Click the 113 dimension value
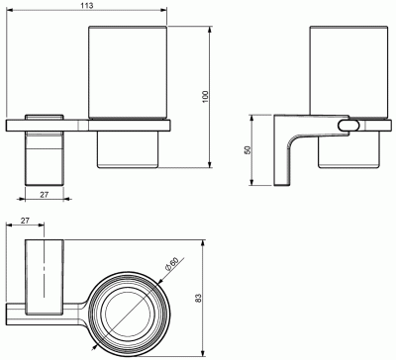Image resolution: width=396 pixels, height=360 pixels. [87, 5]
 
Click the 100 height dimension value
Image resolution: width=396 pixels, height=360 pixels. [205, 97]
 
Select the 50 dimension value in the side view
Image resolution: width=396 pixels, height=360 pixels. [247, 149]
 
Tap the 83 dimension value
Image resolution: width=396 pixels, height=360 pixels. [198, 299]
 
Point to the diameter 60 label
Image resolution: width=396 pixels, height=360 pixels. [172, 264]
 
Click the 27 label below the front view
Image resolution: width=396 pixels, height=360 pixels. [45, 195]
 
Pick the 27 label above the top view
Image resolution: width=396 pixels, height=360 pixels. [25, 221]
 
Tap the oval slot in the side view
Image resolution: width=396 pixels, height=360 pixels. [347, 126]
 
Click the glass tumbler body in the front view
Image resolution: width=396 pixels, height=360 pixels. [128, 72]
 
